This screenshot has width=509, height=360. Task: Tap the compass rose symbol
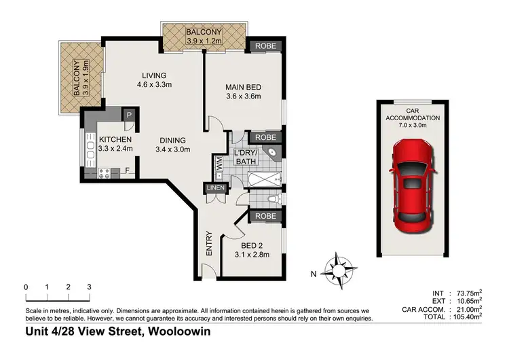coord(337,271)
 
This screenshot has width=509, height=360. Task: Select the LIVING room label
coord(155,80)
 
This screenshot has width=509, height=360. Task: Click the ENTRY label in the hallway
coord(209,245)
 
